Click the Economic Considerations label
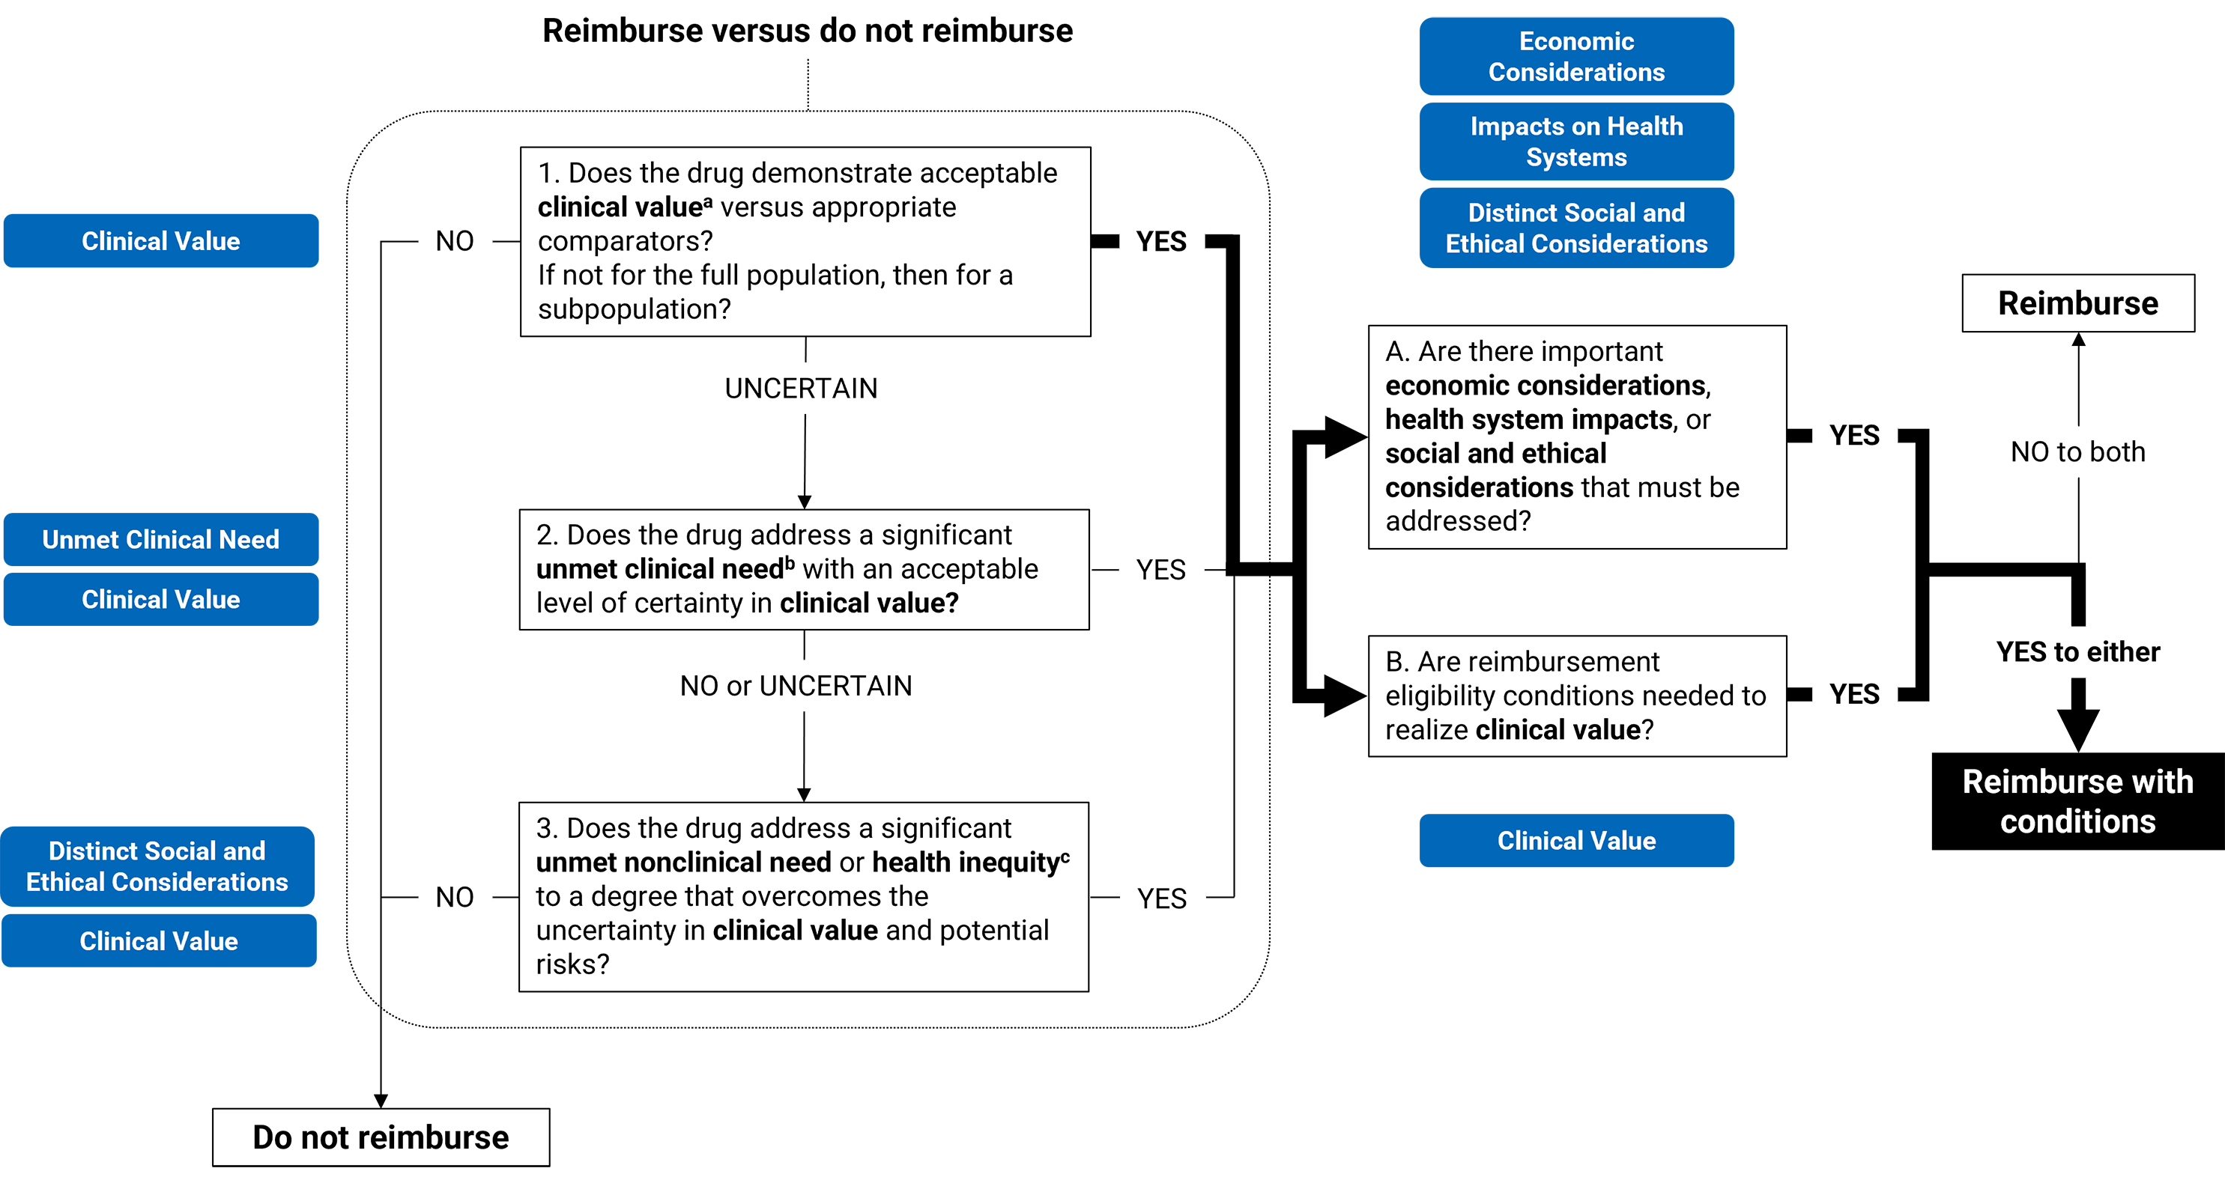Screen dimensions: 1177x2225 [x=1576, y=56]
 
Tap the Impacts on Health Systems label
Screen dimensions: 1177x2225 [x=1576, y=142]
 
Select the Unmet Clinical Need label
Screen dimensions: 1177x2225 [x=160, y=540]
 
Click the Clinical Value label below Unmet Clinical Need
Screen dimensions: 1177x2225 [x=160, y=599]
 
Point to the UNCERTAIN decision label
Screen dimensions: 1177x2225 [x=801, y=389]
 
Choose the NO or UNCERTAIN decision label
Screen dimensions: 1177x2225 [x=796, y=686]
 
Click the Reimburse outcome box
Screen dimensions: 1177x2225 [x=2077, y=303]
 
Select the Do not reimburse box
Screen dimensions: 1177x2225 [x=380, y=1137]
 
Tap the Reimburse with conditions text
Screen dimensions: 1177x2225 [x=2077, y=801]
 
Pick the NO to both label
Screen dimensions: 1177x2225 [x=2077, y=451]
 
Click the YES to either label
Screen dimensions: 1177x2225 [x=2077, y=652]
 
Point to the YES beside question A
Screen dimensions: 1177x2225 [x=1854, y=435]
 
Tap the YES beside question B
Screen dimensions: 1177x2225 [x=1854, y=694]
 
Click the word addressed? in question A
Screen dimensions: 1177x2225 [x=1458, y=522]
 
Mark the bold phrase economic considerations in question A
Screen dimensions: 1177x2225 [x=1546, y=385]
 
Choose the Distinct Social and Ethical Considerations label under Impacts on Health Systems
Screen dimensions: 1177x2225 [x=1576, y=228]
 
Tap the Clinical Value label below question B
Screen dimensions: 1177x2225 [x=1576, y=841]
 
